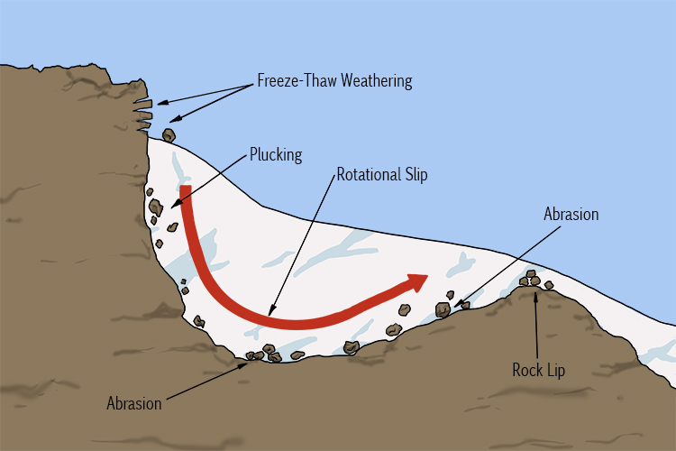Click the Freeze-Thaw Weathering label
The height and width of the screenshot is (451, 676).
(333, 81)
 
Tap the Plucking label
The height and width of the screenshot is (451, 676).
(276, 154)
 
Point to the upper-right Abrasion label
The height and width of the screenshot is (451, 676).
(571, 215)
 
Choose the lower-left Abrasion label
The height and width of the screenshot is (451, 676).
(133, 402)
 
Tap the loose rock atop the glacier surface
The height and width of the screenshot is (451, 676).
(169, 135)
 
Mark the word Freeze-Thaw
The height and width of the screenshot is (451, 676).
(288, 81)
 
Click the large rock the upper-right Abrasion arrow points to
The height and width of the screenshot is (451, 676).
(443, 309)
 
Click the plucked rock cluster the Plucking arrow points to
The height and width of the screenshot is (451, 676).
(157, 207)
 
